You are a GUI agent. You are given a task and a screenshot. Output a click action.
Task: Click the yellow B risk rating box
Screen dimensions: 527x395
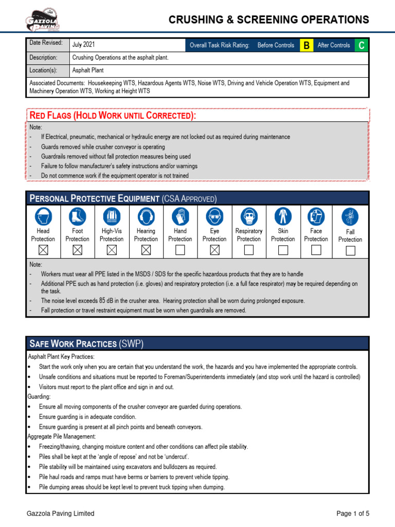pos(307,45)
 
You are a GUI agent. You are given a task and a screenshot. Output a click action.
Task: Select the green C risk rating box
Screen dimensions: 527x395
pos(362,45)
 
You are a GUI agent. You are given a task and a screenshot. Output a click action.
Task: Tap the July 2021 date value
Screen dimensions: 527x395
pos(83,45)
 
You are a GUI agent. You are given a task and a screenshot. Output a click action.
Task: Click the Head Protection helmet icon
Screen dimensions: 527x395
pos(43,216)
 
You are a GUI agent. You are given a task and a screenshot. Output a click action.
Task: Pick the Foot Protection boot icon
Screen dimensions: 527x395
pos(78,216)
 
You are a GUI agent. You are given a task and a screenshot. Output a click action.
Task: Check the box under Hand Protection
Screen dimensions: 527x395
pos(180,250)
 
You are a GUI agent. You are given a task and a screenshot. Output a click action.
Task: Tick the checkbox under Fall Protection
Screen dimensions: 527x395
pos(350,251)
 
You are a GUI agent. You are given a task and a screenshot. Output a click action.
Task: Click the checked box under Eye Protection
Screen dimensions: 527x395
pos(214,250)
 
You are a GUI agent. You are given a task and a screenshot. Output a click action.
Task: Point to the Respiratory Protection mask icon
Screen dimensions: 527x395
pos(249,216)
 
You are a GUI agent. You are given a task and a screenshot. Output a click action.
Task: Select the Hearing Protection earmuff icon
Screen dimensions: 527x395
pos(146,216)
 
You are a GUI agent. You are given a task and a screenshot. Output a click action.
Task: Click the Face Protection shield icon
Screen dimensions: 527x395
pos(316,216)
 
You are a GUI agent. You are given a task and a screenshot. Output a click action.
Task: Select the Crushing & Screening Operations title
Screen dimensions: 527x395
pos(269,20)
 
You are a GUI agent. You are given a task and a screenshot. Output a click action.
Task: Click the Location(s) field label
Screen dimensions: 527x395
pos(43,71)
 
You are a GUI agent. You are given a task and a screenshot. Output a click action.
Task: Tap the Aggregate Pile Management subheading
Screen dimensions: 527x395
pos(60,436)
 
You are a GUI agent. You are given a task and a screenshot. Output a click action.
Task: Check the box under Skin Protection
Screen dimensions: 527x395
pos(283,250)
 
